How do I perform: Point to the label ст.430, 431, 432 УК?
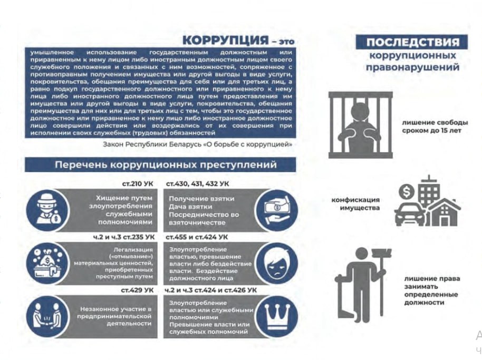pos(197,183)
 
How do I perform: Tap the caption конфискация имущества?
pos(356,204)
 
